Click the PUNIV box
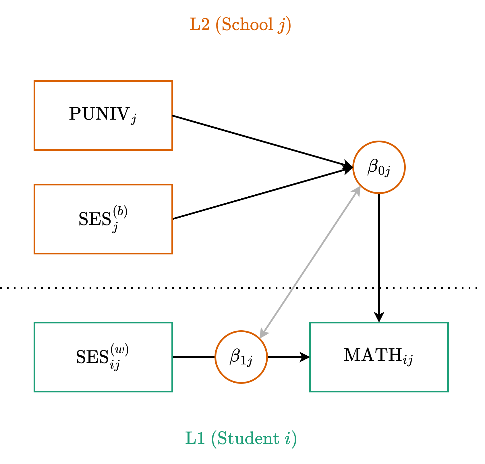point(103,116)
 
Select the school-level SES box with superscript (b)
point(103,219)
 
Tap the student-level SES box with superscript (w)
point(103,357)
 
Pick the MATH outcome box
point(379,357)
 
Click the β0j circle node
point(379,167)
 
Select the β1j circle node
point(241,357)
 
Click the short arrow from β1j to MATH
point(287,357)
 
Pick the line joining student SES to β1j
point(194,357)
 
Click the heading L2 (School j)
point(240,25)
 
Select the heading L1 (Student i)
point(241,439)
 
